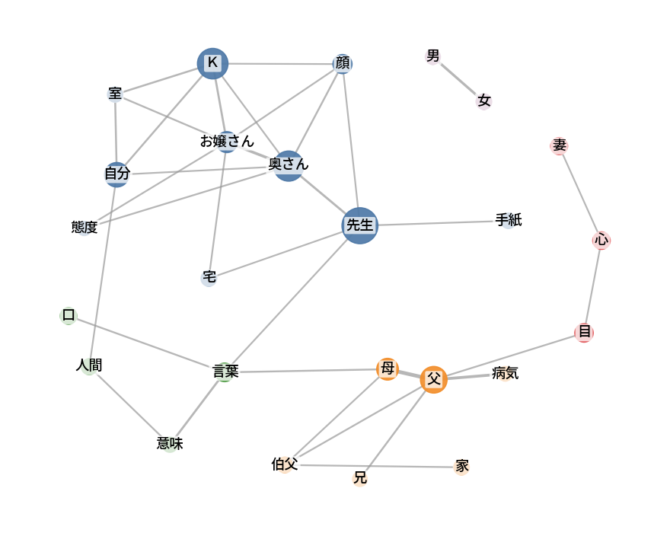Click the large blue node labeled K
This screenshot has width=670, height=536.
click(212, 64)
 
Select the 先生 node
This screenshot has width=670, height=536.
click(360, 225)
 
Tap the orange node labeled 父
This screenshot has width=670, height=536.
click(434, 380)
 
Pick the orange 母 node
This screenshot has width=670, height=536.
click(388, 369)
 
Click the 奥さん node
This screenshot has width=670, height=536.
click(289, 166)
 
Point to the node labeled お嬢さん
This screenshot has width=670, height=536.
click(227, 142)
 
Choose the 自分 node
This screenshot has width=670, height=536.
click(116, 174)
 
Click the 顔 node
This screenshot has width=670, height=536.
click(343, 64)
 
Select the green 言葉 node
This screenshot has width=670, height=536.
click(225, 372)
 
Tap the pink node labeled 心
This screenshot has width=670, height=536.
click(601, 241)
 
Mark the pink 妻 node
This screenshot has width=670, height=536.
click(559, 146)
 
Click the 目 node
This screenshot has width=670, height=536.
click(584, 333)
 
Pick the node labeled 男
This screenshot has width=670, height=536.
click(433, 56)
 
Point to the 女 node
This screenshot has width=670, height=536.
click(483, 101)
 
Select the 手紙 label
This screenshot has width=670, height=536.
click(509, 220)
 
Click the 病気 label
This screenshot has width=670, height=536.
click(505, 373)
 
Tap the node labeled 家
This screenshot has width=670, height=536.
click(461, 467)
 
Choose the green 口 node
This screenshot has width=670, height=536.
click(69, 316)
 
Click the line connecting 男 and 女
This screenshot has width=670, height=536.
click(458, 78)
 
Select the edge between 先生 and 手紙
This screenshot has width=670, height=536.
click(436, 223)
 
